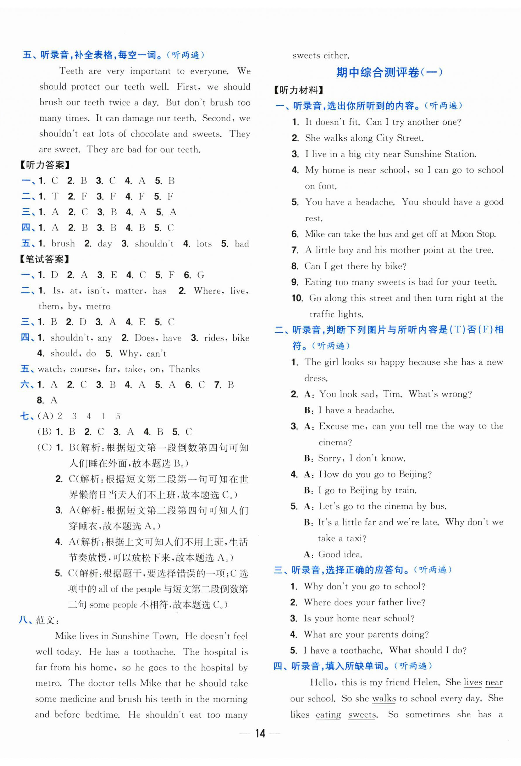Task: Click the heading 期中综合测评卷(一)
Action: tap(389, 72)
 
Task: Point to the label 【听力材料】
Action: tap(299, 90)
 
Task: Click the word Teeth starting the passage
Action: tap(71, 71)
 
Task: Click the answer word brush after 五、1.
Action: tap(63, 244)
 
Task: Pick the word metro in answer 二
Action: tap(98, 306)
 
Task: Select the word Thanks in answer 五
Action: tap(184, 369)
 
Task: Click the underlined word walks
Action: tap(384, 698)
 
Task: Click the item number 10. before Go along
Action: tap(297, 298)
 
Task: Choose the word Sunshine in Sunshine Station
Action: tap(423, 154)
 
